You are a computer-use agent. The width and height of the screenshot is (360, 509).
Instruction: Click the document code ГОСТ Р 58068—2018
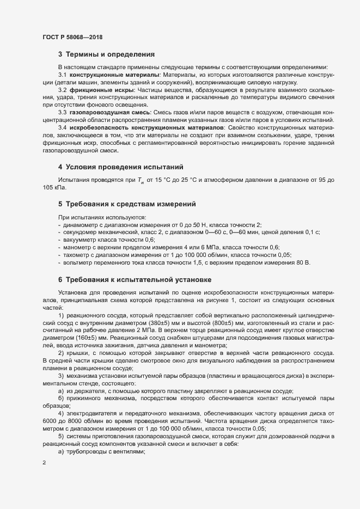coord(72,37)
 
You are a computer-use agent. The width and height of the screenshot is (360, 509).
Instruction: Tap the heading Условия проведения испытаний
coord(124,166)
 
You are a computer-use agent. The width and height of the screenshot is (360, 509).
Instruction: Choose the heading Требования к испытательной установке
coord(135,280)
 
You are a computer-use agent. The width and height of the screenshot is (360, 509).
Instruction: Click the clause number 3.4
coord(63,127)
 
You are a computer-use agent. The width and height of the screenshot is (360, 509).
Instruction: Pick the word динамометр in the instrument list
coord(82,225)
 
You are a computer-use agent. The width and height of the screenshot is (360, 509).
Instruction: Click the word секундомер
coord(82,232)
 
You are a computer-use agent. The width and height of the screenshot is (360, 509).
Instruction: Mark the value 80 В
coord(303,263)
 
